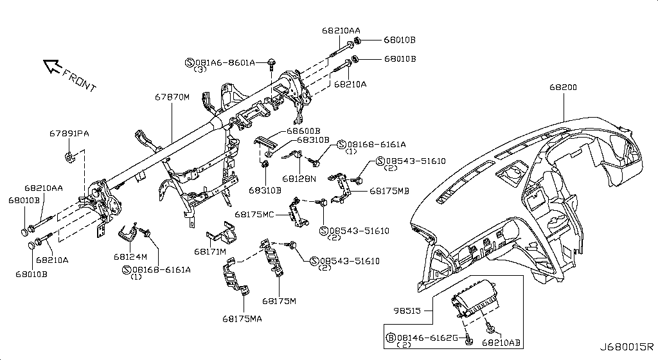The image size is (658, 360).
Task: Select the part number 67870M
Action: pos(172,97)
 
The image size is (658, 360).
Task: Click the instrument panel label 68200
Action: pos(564,87)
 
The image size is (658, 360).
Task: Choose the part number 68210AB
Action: pos(501,344)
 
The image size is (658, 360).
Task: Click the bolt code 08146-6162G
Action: pos(427,337)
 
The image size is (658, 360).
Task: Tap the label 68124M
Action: pos(130,256)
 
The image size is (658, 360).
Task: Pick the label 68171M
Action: pos(209,251)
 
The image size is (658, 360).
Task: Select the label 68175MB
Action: pos(389,191)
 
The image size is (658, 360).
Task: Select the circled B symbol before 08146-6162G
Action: pos(389,337)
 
